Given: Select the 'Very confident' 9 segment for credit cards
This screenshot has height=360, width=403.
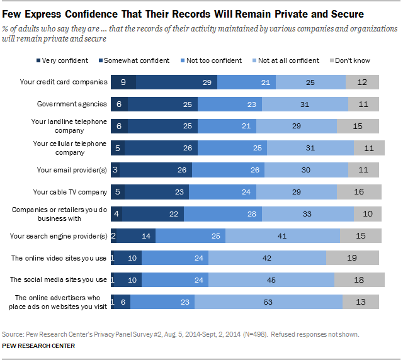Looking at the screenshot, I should (x=123, y=82).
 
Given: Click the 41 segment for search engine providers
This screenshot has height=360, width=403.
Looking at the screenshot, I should (x=283, y=236).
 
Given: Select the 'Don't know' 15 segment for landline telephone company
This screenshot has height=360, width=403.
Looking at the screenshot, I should (x=358, y=126).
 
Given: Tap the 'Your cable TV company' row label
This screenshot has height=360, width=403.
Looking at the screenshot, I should (x=70, y=192).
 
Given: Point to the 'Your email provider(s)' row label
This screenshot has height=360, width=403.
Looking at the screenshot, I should (x=69, y=170).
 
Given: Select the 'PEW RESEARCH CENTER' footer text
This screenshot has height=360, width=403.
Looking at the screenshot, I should (x=39, y=346).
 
